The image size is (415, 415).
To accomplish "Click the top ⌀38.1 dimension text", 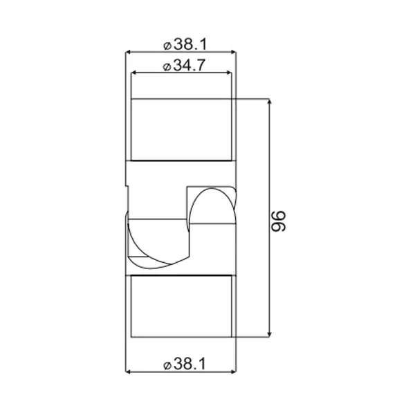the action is tap(185, 44).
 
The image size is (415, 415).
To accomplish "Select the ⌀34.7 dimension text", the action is tap(184, 65).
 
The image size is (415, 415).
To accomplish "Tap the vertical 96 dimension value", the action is tap(279, 221).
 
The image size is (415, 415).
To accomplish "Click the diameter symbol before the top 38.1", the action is tap(167, 46).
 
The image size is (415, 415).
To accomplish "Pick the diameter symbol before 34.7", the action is tap(167, 67).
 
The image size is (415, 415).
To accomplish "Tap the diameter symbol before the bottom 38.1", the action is tap(167, 366).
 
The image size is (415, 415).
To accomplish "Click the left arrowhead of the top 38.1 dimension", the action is tap(127, 52).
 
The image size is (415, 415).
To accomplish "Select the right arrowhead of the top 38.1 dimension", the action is tap(234, 52).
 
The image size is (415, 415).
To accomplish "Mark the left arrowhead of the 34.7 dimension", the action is tap(133, 73).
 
